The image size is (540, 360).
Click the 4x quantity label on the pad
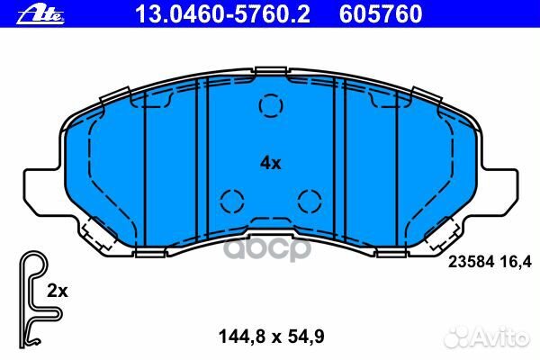(271, 163)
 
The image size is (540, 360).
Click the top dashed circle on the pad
(270, 106)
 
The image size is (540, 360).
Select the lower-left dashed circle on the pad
(231, 199)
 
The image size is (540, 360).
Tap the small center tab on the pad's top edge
(270, 73)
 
